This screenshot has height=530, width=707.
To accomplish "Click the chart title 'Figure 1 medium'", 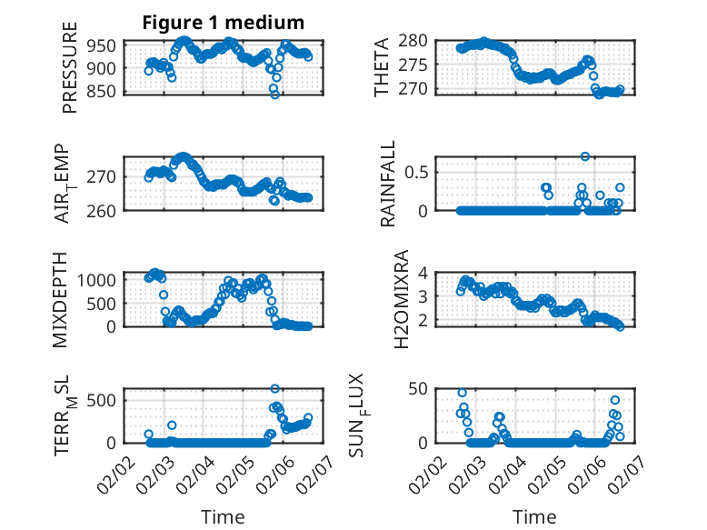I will pyautogui.click(x=223, y=22).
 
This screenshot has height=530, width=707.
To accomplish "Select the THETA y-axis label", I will pyautogui.click(x=382, y=66).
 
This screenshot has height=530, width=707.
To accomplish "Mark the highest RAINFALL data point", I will pyautogui.click(x=585, y=156).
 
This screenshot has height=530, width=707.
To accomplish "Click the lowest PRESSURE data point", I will pyautogui.click(x=274, y=94).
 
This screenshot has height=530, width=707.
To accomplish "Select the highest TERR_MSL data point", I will pyautogui.click(x=274, y=389).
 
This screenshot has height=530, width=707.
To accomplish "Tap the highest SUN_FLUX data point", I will pyautogui.click(x=462, y=393).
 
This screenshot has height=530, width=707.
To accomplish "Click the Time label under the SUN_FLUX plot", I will pyautogui.click(x=535, y=517).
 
